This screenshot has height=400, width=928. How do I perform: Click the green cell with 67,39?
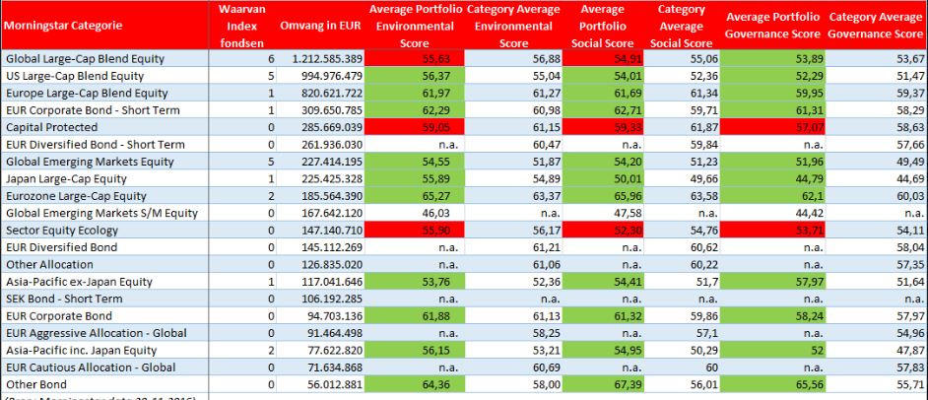[609, 383]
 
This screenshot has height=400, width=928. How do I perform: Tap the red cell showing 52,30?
[609, 231]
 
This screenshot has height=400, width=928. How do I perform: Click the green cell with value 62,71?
[609, 110]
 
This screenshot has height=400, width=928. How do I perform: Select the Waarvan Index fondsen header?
[236, 28]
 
